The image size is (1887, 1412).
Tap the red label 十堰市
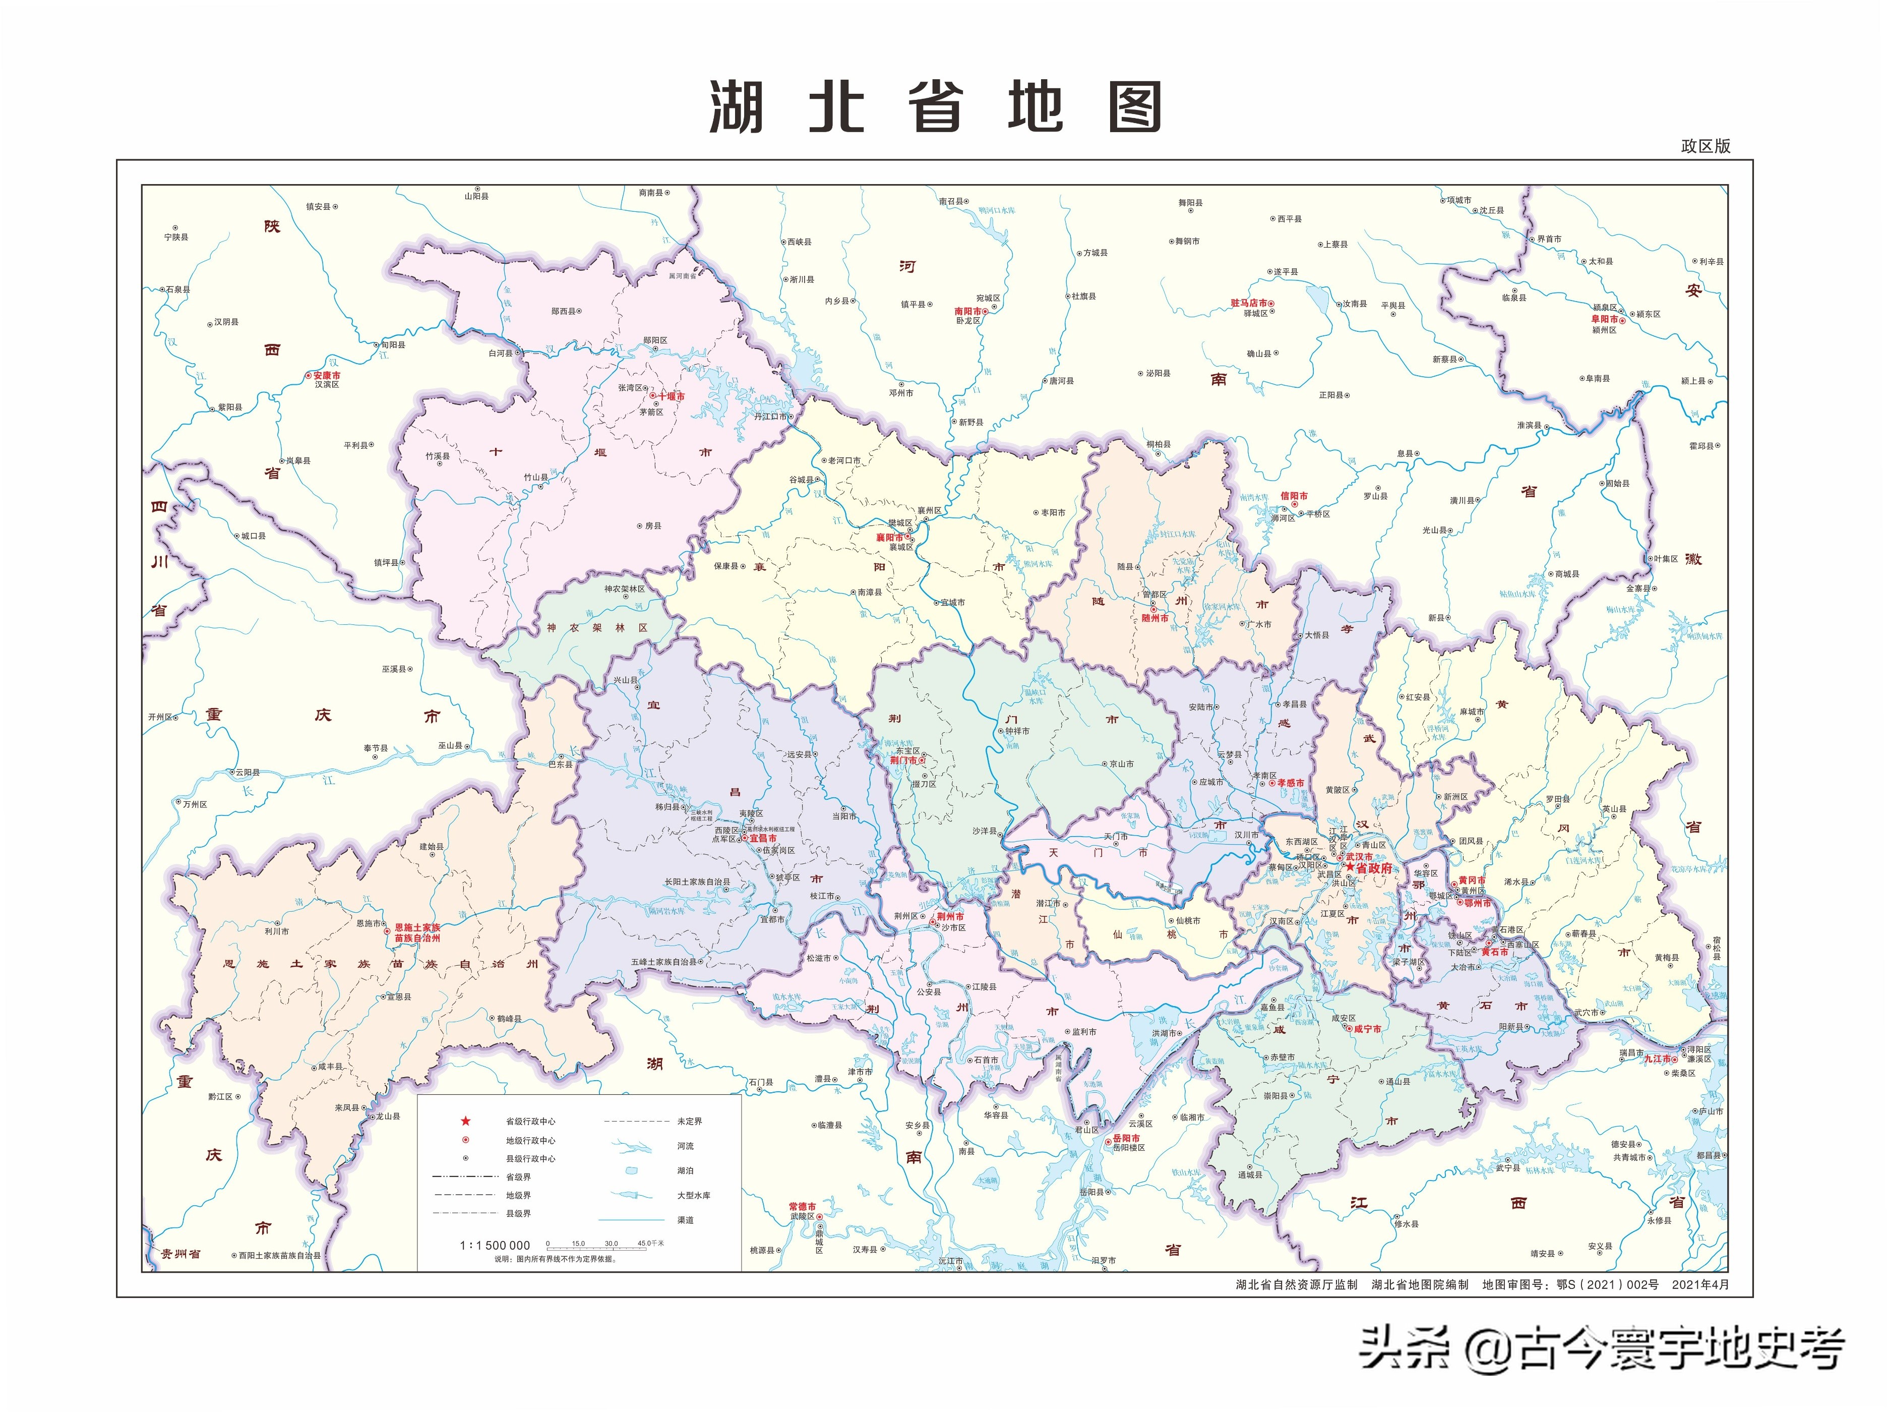click(x=671, y=397)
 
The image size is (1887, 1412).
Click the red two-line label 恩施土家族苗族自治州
click(x=417, y=932)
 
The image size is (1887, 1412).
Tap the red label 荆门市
click(x=903, y=759)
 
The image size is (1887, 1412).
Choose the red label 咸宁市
click(x=1367, y=1029)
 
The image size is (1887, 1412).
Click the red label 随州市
click(x=1155, y=619)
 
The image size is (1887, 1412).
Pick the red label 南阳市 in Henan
click(x=967, y=312)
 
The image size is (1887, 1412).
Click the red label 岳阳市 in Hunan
click(x=1126, y=1138)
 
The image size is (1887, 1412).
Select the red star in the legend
click(x=466, y=1121)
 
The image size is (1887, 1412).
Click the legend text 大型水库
click(x=694, y=1195)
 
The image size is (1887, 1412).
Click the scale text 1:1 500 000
click(x=495, y=1246)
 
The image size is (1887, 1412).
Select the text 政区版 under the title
click(x=1706, y=146)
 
